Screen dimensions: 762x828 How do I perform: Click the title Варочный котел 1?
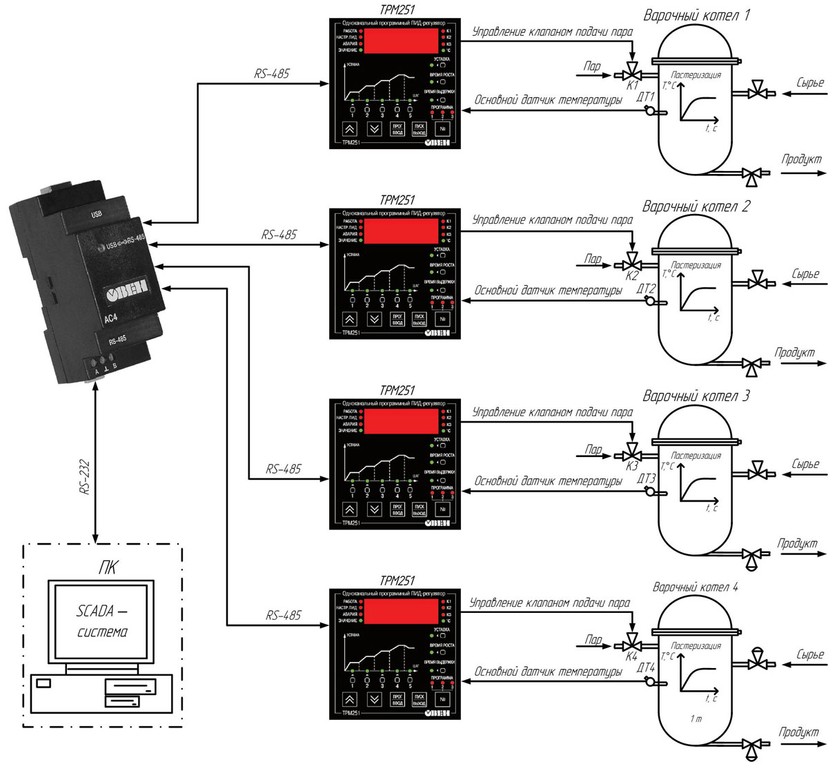click(x=696, y=15)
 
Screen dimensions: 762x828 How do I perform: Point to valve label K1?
click(x=632, y=86)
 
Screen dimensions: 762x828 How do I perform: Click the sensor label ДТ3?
click(x=647, y=478)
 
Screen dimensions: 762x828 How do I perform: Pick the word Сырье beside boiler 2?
click(x=805, y=274)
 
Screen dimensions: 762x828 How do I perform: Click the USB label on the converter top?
click(x=97, y=215)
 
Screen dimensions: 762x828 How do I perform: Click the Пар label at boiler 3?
click(x=593, y=449)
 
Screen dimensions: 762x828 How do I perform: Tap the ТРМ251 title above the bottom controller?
click(x=397, y=581)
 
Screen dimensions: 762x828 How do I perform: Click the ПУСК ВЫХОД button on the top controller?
click(x=420, y=129)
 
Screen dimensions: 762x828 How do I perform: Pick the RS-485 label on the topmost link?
click(x=271, y=74)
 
